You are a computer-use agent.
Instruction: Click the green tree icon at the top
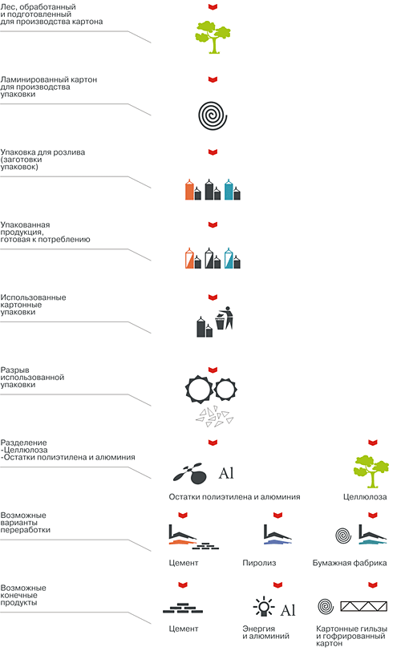tap(213, 38)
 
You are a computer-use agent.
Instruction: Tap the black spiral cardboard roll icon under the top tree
tap(213, 115)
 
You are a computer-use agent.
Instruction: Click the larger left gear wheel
tap(199, 390)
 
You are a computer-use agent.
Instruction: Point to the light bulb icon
tap(264, 607)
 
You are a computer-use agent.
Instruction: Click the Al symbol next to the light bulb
tap(288, 610)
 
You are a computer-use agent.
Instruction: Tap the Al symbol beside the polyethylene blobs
tap(226, 473)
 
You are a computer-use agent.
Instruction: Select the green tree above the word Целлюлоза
tap(371, 471)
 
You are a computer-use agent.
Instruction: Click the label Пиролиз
tap(259, 563)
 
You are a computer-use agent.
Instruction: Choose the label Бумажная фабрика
tap(350, 563)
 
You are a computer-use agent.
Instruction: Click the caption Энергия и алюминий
tap(265, 633)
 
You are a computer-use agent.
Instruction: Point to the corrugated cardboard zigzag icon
tap(363, 606)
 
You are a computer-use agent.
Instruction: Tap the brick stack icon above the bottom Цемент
tap(183, 609)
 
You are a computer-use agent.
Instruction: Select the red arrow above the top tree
tap(213, 6)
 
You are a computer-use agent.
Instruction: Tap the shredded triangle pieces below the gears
tap(215, 417)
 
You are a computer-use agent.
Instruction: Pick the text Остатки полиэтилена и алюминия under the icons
tap(234, 497)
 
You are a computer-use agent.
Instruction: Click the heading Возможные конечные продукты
tap(23, 595)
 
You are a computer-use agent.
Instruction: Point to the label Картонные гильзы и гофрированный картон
tap(351, 636)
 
